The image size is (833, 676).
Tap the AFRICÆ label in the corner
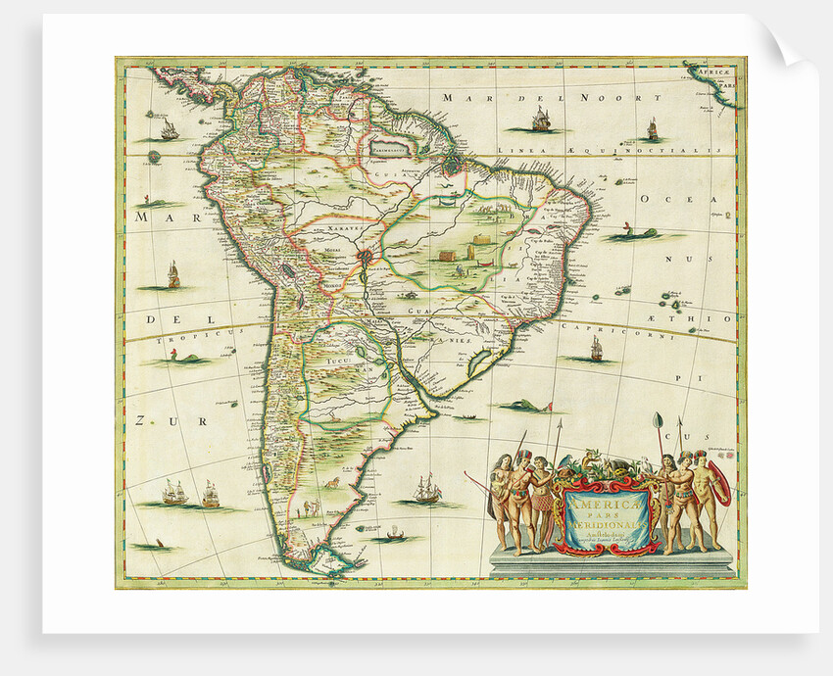point(708,72)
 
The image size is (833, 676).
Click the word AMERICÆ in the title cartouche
point(600,502)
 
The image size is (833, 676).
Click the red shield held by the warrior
point(720,485)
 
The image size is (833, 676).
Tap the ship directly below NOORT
point(540,121)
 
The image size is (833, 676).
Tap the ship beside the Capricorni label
point(595,350)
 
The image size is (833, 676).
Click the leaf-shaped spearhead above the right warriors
point(657,422)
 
